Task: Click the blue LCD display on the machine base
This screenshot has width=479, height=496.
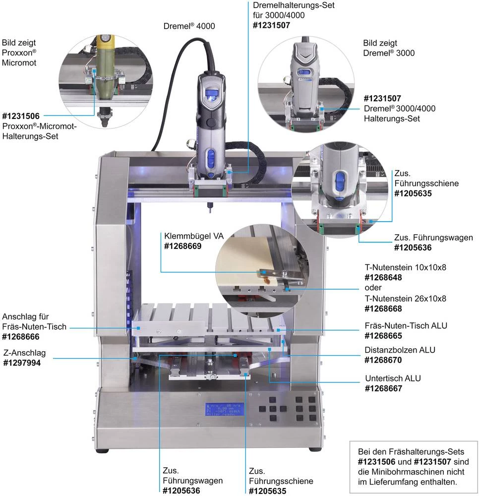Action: click(x=224, y=409)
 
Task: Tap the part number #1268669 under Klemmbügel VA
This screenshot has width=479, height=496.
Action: click(x=182, y=245)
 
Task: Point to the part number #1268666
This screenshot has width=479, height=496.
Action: click(x=23, y=336)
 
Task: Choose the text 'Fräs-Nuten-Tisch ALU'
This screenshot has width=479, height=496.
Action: click(x=406, y=325)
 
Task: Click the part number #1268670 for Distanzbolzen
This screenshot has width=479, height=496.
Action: click(x=383, y=360)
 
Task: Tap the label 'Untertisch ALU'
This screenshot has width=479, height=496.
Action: click(x=393, y=378)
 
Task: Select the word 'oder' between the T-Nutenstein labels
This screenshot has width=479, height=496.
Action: click(x=373, y=288)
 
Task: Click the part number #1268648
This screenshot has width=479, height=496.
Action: click(x=383, y=277)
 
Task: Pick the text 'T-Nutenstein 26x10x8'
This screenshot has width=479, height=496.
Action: click(x=406, y=299)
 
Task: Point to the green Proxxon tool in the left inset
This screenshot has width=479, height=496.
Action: click(x=105, y=69)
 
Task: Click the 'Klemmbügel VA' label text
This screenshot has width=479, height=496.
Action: click(x=191, y=235)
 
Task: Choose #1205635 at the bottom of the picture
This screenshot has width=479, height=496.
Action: click(x=268, y=491)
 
